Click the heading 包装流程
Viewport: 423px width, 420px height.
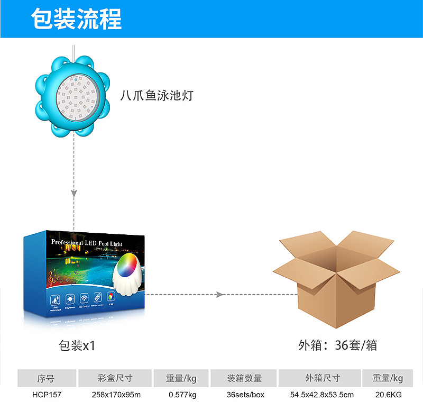coord(76,20)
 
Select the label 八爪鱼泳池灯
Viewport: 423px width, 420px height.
coord(157,96)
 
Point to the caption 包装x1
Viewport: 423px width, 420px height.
coord(77,346)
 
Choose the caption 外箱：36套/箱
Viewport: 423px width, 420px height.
coord(337,345)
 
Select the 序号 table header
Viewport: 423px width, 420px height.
coord(45,378)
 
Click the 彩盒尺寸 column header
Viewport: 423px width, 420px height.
coord(115,378)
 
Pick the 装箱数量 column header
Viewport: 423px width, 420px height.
coord(244,378)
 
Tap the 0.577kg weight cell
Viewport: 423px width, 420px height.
coord(182,395)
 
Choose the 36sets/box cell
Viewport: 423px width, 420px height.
coord(245,395)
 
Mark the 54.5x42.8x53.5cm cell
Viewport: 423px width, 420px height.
coord(322,395)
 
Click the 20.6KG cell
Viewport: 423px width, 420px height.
coord(388,395)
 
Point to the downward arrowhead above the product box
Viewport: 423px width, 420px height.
coord(74,194)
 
